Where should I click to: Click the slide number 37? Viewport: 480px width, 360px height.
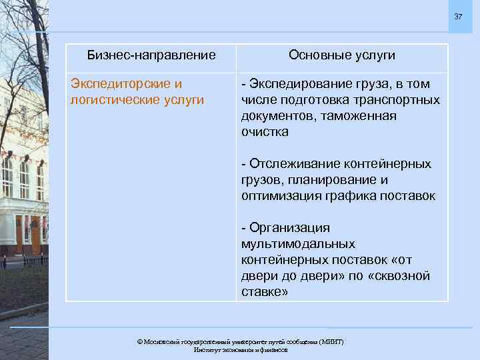[x=459, y=16]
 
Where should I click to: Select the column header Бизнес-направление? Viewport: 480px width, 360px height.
[x=153, y=55]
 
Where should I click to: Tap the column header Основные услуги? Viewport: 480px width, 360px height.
[x=342, y=55]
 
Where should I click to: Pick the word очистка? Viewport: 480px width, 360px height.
[x=265, y=132]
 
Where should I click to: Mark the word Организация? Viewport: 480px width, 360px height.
[x=290, y=228]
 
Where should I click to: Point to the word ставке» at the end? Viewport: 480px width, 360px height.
[x=265, y=292]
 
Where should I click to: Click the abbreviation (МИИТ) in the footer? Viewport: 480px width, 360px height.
[x=331, y=341]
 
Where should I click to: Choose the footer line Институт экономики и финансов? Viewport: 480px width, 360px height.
[x=240, y=349]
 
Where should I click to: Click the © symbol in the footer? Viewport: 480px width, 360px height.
[x=140, y=341]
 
